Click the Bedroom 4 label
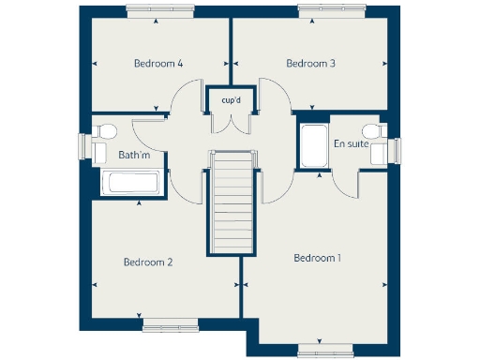(x=157, y=64)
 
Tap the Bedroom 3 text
(x=310, y=64)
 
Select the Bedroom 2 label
(x=148, y=262)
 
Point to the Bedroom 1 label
(x=318, y=258)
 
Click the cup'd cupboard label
(x=231, y=99)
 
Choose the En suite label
(x=351, y=143)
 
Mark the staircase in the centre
(x=231, y=201)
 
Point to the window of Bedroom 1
(x=326, y=352)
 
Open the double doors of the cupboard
(x=231, y=123)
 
